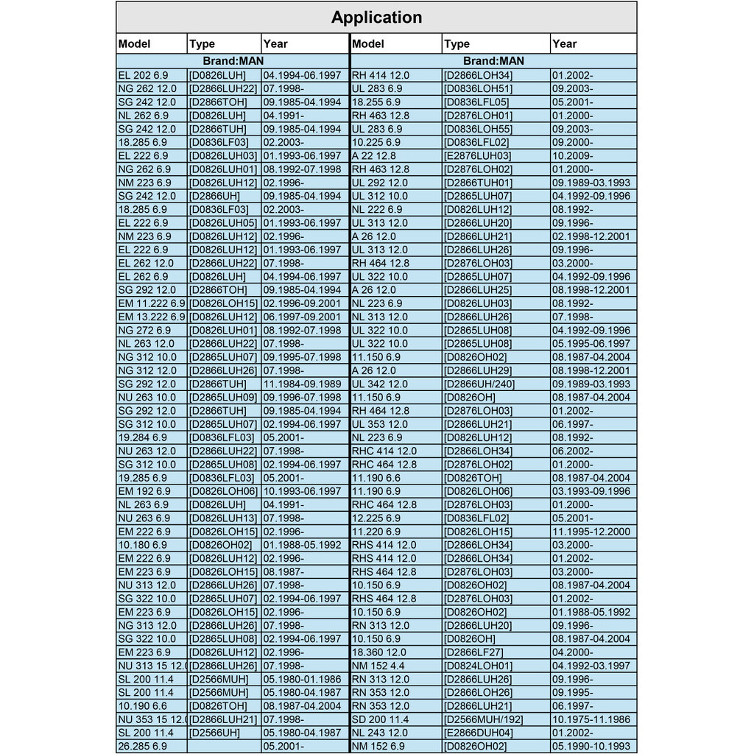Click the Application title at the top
tap(376, 18)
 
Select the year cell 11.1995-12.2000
tap(593, 531)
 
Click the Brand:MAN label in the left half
tap(233, 61)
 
